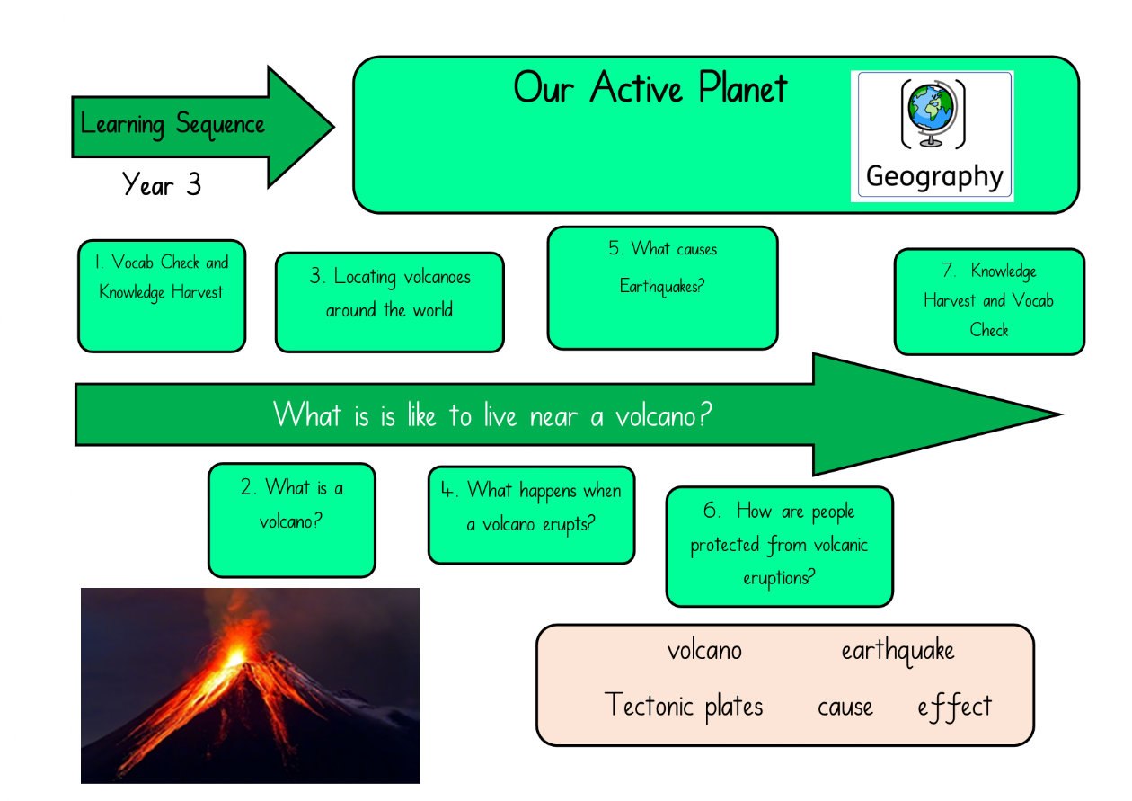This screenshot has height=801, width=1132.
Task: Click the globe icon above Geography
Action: pyautogui.click(x=933, y=114)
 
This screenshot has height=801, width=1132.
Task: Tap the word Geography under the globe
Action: pyautogui.click(x=934, y=177)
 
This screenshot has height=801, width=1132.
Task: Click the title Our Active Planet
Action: pyautogui.click(x=650, y=88)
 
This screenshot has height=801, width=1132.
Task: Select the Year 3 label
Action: pyautogui.click(x=162, y=184)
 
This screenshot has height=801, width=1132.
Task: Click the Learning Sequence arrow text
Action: pyautogui.click(x=172, y=124)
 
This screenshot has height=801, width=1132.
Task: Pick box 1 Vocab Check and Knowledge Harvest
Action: pyautogui.click(x=162, y=296)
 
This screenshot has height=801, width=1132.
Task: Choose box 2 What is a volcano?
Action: pyautogui.click(x=292, y=520)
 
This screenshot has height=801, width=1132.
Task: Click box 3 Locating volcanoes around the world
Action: pyautogui.click(x=390, y=302)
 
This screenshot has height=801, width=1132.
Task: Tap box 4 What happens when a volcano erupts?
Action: pyautogui.click(x=531, y=515)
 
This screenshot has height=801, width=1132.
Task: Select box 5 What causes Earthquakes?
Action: pyautogui.click(x=662, y=288)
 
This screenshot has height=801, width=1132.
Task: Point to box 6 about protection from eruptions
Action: pyautogui.click(x=779, y=547)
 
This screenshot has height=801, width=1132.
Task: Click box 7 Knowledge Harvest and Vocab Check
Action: pyautogui.click(x=989, y=301)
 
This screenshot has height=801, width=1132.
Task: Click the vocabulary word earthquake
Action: pyautogui.click(x=898, y=651)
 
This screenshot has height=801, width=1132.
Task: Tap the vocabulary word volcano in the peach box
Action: pyautogui.click(x=704, y=650)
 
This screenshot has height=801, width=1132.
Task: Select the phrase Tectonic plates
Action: pyautogui.click(x=683, y=706)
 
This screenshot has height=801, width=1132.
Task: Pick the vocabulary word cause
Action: pyautogui.click(x=845, y=708)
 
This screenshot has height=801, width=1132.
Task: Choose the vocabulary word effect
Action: pyautogui.click(x=955, y=707)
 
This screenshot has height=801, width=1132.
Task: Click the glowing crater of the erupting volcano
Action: pyautogui.click(x=235, y=657)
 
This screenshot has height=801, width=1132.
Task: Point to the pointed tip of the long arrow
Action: pyautogui.click(x=1062, y=414)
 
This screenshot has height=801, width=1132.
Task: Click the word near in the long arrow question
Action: pyautogui.click(x=553, y=417)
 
